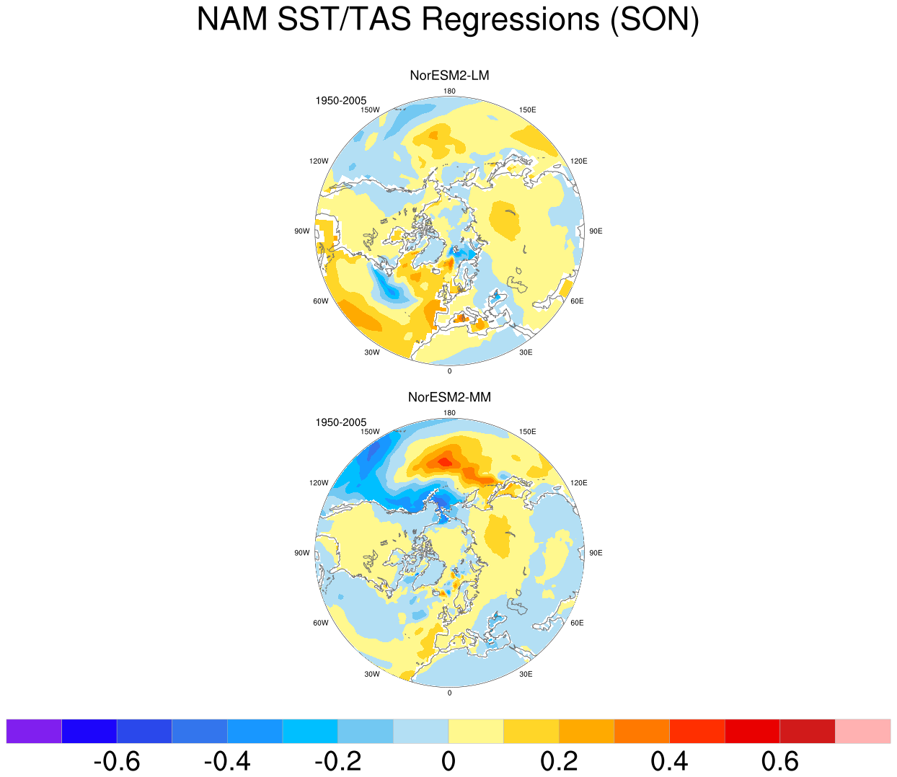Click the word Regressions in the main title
[510, 20]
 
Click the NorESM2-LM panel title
[449, 76]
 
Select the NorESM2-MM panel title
[449, 397]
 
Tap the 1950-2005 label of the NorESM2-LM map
[340, 101]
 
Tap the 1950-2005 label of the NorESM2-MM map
[340, 422]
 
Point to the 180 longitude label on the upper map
[449, 91]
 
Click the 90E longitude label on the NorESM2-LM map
[596, 231]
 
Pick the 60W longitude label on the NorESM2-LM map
[321, 301]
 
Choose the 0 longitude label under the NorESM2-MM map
[449, 693]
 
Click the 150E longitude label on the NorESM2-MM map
[527, 432]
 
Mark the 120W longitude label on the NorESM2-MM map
[319, 483]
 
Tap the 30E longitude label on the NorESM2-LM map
[526, 352]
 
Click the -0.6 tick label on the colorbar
[117, 761]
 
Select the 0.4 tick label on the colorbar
[669, 761]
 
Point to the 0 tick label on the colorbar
[448, 761]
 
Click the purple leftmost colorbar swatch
[34, 732]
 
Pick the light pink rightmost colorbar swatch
[862, 732]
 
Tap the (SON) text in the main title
[655, 20]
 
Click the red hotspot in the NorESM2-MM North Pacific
[446, 461]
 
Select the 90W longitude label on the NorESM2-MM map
[302, 553]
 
